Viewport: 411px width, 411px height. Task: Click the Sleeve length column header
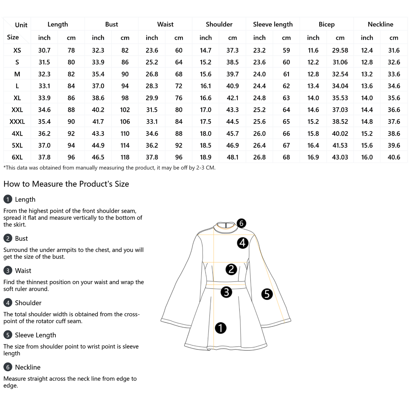point(272,24)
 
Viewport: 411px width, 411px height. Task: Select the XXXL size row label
point(17,121)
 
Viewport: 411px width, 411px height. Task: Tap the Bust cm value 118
point(125,157)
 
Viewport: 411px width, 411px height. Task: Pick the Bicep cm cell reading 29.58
point(340,50)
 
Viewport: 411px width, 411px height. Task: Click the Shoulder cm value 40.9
point(232,86)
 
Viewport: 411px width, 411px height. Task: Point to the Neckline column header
point(380,24)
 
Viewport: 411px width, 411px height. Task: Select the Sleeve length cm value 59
point(286,50)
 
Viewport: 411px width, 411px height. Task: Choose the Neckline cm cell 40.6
point(394,157)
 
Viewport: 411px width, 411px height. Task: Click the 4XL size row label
point(17,133)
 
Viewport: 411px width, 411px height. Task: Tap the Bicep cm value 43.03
point(340,157)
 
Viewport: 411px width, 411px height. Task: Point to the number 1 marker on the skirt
point(220,328)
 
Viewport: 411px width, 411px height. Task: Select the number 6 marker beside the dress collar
point(241,223)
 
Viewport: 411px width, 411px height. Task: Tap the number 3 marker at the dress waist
point(226,292)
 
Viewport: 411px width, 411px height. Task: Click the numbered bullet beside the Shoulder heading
point(8,303)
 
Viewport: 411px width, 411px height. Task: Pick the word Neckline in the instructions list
point(28,367)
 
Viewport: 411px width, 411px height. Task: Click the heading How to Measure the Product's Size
point(66,184)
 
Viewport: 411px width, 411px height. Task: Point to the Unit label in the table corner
point(21,25)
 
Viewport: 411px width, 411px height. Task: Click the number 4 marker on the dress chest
point(243,243)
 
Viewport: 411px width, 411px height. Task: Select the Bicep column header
point(326,24)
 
